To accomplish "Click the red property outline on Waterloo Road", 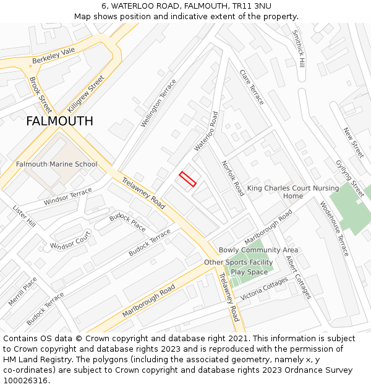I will point(187,179).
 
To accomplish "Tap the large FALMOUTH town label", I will point(59,121).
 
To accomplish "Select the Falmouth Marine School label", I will point(56,164).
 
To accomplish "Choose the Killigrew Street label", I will point(86,93).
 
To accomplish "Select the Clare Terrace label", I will point(252,87).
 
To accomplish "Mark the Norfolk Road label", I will point(232,178).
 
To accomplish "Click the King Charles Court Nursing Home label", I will point(293,192).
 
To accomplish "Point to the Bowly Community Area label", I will point(258,250).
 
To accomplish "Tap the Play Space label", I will point(249,272).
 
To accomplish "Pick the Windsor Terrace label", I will point(67,197).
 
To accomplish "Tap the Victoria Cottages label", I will point(264,289).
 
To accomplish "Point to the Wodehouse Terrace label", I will point(335,228).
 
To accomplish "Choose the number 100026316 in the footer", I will point(25,380).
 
